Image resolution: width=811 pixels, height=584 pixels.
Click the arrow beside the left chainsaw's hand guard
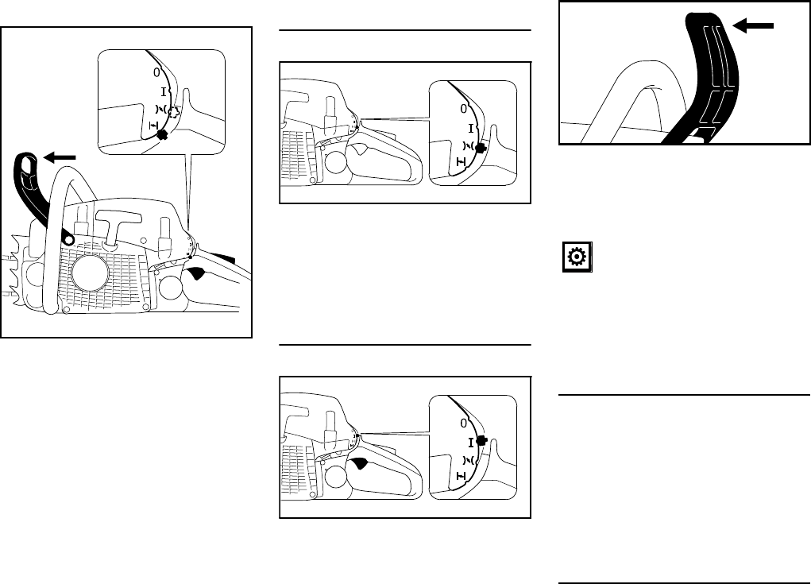60,157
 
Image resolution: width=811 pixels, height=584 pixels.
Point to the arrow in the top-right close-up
753,25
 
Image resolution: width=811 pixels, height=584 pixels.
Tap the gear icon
577,257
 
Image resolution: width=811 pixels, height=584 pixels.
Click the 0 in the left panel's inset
156,73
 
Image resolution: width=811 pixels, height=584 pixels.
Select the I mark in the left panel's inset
164,93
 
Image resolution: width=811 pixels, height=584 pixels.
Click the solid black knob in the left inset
163,134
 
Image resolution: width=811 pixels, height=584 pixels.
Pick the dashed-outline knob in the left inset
175,112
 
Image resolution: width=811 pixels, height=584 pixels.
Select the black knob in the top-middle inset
481,149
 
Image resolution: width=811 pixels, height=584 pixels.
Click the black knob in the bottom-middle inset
481,441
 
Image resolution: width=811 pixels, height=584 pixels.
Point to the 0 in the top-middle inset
463,109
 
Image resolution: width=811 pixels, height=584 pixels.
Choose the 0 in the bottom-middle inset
463,423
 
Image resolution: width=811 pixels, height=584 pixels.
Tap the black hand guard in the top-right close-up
709,78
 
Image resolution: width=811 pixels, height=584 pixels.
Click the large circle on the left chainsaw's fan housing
89,273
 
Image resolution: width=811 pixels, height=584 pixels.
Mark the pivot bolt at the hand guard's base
68,238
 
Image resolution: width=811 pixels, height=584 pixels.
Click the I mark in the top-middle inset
471,129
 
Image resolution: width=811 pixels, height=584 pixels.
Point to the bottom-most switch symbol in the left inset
153,126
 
